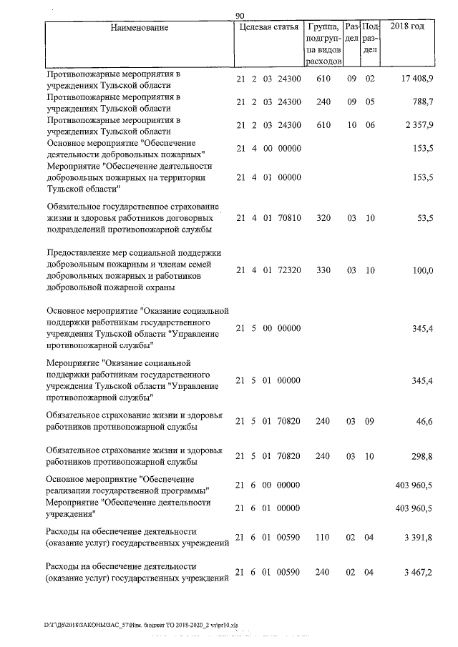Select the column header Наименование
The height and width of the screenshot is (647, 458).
click(x=140, y=27)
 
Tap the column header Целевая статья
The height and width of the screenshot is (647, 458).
click(x=268, y=27)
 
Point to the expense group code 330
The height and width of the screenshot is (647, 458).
click(x=323, y=270)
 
